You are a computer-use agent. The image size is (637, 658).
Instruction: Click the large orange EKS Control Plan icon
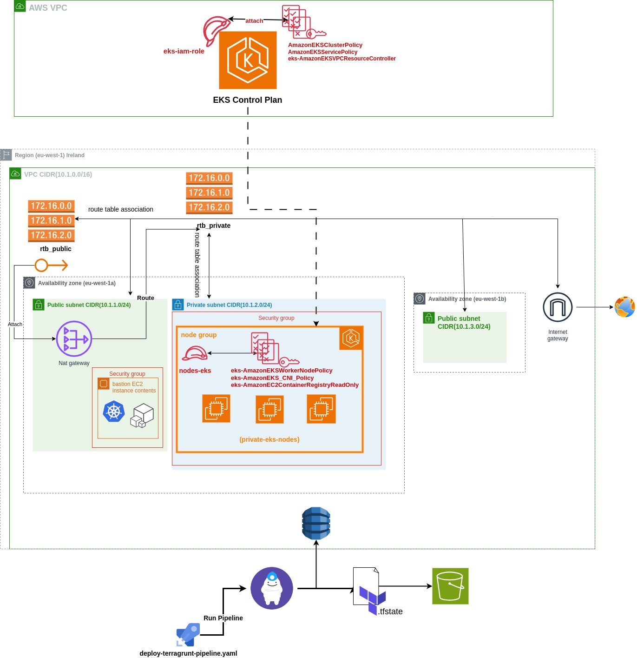[248, 60]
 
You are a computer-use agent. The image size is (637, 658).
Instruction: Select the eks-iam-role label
[184, 51]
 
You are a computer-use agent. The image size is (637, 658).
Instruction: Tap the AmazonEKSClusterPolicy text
[325, 45]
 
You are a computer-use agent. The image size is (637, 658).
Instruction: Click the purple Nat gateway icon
[74, 339]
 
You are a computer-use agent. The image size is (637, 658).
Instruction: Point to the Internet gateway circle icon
[558, 307]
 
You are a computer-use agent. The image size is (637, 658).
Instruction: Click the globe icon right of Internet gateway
[624, 307]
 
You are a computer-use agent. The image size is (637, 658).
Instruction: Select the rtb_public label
[56, 249]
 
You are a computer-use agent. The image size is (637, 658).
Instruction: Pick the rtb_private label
[214, 226]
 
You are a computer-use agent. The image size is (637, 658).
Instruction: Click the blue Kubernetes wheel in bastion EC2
[114, 412]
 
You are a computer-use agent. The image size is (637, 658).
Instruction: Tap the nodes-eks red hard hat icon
[194, 353]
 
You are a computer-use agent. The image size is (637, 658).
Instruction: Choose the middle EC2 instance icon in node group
[269, 409]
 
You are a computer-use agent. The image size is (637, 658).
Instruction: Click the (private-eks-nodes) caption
[269, 439]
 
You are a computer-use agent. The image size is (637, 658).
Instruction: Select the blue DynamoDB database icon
[316, 523]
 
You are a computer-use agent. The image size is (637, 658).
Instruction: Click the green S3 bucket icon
[450, 586]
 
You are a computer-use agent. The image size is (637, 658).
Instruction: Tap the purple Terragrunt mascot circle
[272, 588]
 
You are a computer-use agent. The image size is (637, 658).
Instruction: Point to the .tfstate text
[390, 611]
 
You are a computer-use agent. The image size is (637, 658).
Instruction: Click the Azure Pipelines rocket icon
[188, 635]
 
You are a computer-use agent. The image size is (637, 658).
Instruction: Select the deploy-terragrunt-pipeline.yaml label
[188, 653]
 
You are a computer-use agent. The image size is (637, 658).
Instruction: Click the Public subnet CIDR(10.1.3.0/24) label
[464, 322]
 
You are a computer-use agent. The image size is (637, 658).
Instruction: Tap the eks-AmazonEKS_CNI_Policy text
[272, 378]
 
